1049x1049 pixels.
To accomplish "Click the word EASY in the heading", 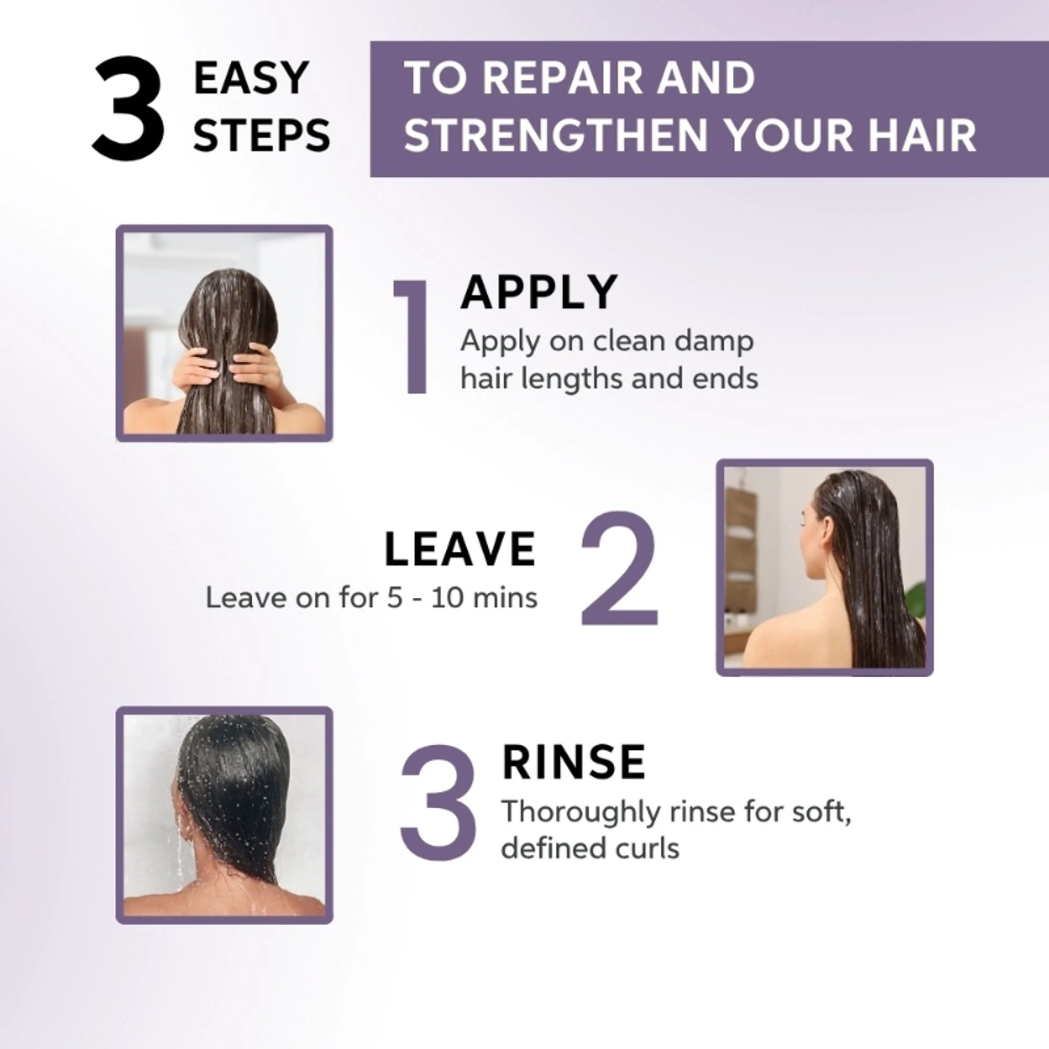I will click(251, 78).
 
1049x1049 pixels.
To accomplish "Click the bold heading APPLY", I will click(539, 293).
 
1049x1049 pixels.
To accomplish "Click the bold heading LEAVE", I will click(461, 550).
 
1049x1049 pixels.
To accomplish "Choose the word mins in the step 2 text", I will click(505, 598).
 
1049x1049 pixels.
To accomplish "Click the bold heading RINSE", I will click(574, 762).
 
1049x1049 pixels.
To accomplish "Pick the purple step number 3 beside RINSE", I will click(438, 803).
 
